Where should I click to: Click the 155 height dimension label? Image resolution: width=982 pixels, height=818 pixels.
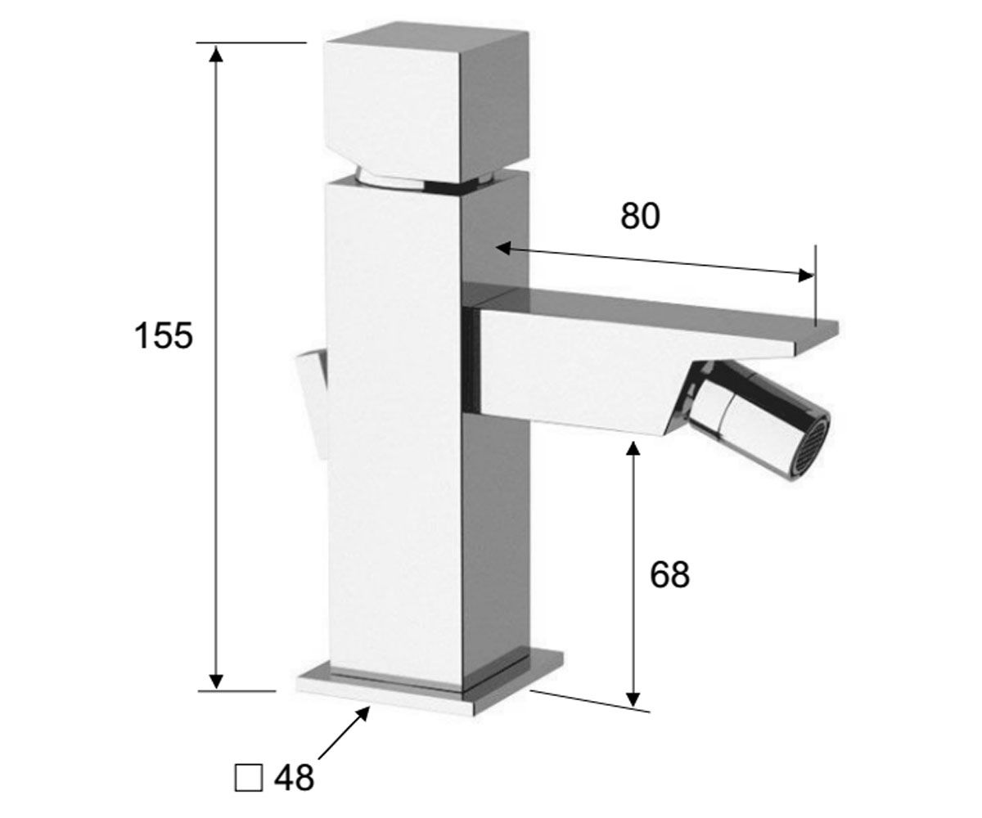(x=163, y=335)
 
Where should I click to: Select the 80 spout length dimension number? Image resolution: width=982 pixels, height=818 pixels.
(x=640, y=216)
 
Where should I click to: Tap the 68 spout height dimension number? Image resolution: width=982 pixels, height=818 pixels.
(x=669, y=574)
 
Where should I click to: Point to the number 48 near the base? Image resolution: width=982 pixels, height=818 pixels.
(x=295, y=778)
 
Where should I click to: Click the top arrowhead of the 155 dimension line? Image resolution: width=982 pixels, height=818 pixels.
(x=216, y=55)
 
